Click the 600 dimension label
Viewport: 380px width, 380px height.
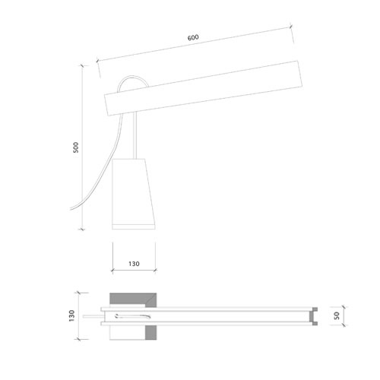(193, 37)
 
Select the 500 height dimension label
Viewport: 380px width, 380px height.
(76, 147)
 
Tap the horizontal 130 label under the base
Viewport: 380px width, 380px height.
(134, 264)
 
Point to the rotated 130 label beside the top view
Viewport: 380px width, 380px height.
(72, 315)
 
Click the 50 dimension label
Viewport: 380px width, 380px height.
(337, 315)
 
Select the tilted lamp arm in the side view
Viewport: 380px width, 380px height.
(204, 88)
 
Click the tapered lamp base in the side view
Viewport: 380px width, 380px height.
(133, 194)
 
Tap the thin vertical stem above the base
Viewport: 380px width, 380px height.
(135, 135)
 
